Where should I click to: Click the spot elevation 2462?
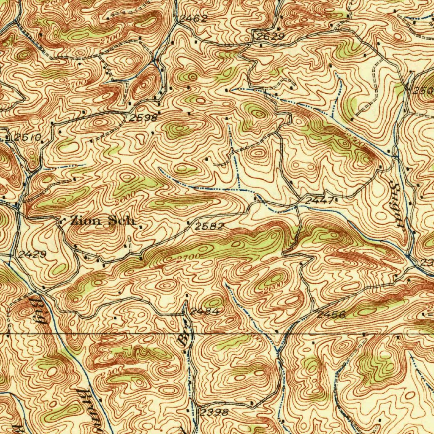coord(193,18)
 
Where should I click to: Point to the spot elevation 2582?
coord(209,226)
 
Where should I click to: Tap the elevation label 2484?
coord(204,312)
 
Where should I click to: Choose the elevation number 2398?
coord(214,412)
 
